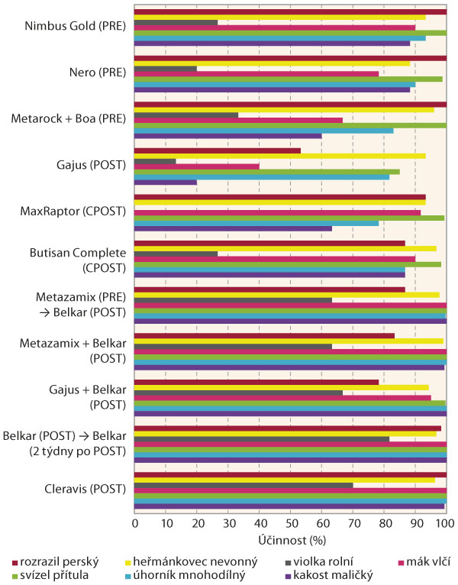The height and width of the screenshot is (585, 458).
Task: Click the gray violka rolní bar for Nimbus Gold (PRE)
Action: [176, 22]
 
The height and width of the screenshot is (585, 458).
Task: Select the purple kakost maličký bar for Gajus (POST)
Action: [166, 182]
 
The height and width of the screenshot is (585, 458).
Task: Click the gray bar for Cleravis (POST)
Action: [244, 485]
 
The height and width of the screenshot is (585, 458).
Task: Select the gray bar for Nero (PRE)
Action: [166, 69]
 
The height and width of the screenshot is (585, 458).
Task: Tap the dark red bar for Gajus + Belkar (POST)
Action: [256, 382]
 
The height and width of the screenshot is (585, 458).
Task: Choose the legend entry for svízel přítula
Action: [53, 574]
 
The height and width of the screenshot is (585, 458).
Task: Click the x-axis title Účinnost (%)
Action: [289, 541]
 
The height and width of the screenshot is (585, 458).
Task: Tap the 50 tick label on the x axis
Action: [290, 523]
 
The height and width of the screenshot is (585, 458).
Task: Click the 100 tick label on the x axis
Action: [445, 523]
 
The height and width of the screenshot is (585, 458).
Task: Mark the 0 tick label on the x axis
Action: [135, 523]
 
